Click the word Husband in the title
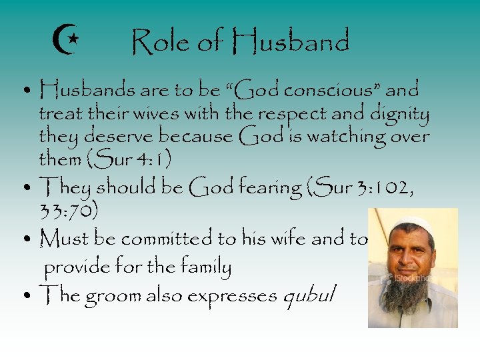pos(291,43)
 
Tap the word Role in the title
pos(159,43)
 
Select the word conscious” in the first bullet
pos(335,89)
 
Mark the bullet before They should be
pos(25,188)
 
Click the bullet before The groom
pos(25,294)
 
